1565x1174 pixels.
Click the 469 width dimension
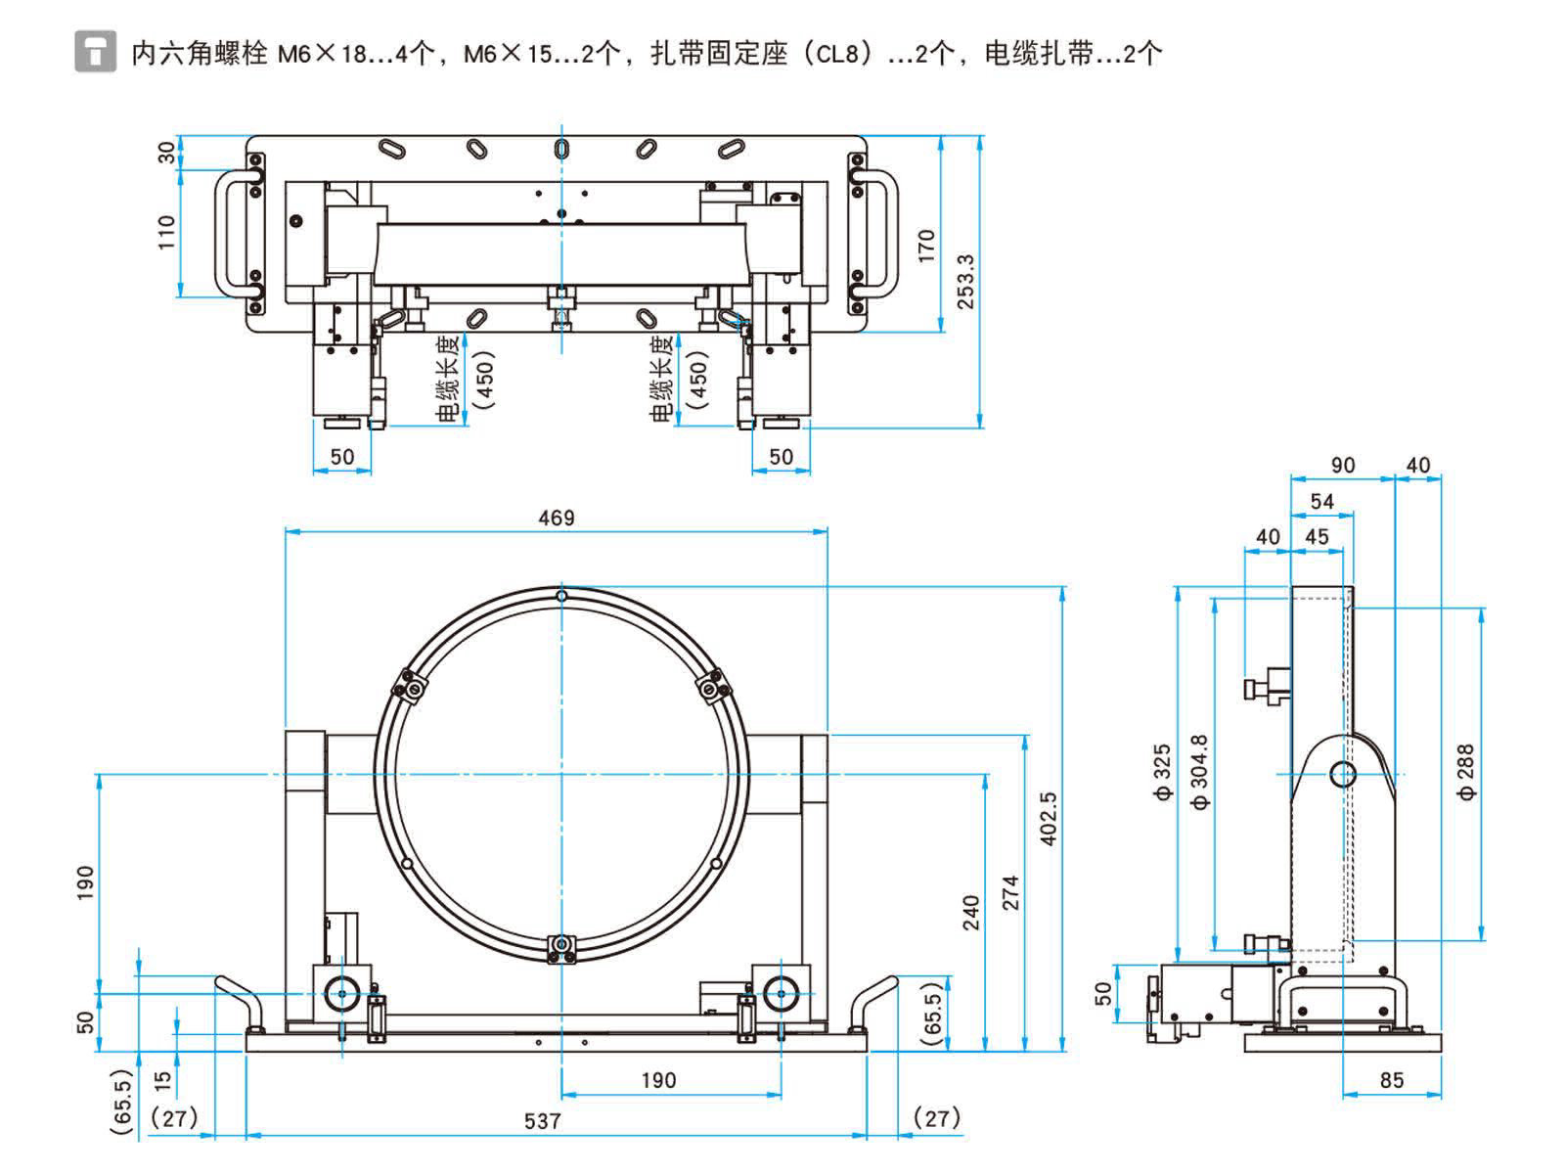[557, 518]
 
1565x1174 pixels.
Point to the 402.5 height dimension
[1049, 819]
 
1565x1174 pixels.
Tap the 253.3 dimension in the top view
[965, 282]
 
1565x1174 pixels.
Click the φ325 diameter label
[1162, 773]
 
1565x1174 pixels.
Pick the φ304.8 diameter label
[1200, 773]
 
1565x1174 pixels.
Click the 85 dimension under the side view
[1391, 1080]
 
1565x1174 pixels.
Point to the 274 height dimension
[1010, 892]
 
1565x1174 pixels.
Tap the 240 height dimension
[971, 912]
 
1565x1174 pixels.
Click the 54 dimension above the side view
[1321, 501]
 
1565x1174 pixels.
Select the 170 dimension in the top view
[926, 246]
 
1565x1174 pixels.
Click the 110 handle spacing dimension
[166, 233]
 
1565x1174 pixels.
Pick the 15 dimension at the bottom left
[163, 1080]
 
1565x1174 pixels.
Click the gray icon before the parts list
[94, 52]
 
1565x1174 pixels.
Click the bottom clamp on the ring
[561, 946]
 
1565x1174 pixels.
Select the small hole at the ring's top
[561, 596]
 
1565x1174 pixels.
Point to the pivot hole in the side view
[1343, 775]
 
